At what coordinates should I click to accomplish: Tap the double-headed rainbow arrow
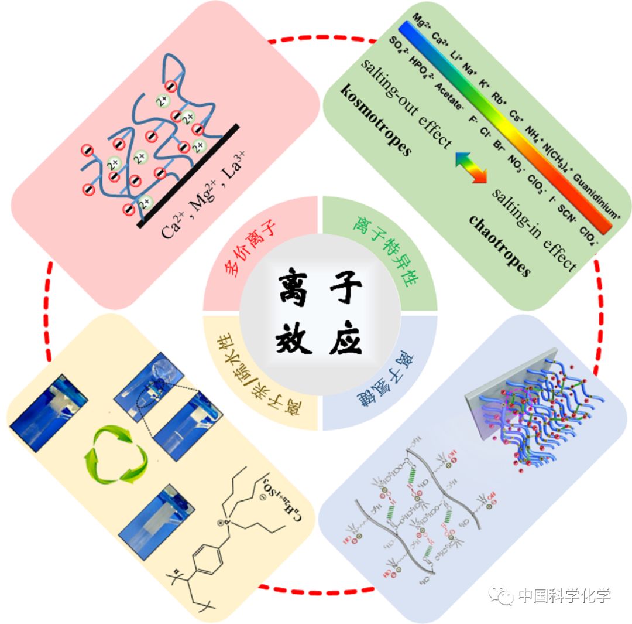click(x=471, y=167)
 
